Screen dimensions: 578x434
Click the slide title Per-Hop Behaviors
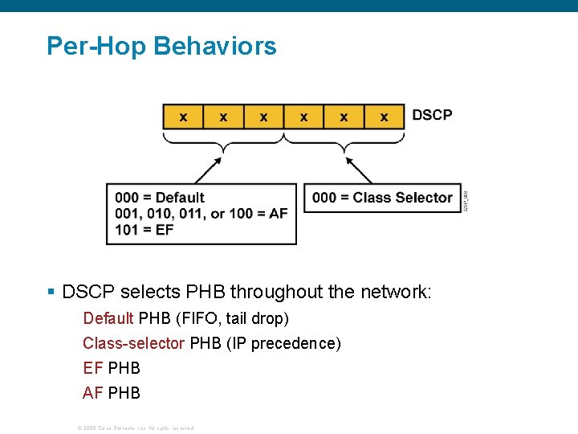click(161, 46)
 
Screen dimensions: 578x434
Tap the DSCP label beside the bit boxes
click(432, 115)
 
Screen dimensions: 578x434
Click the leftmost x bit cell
click(183, 117)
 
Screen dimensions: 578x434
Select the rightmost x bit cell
click(384, 117)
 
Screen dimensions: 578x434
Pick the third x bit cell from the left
click(263, 117)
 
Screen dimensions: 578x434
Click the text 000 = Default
click(160, 198)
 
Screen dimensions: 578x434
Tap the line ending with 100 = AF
click(201, 213)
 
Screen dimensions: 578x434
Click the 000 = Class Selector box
click(382, 198)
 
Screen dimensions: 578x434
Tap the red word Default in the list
click(108, 319)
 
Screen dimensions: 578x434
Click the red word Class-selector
click(133, 344)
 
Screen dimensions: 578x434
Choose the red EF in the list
click(92, 368)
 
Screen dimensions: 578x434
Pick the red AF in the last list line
click(92, 393)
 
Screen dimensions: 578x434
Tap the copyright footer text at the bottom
click(136, 428)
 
